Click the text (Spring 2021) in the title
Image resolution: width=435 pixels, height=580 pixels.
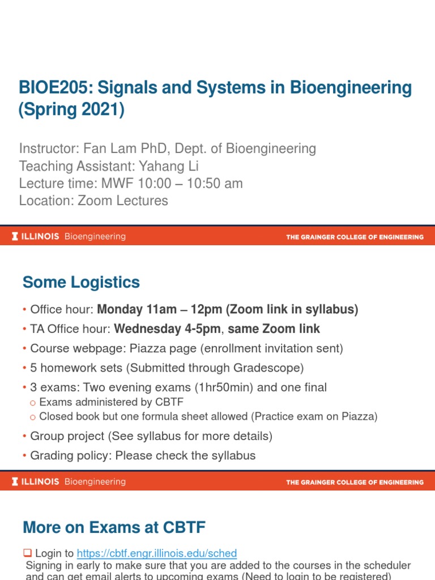[71, 109]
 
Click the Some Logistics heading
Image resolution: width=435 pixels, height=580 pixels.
[81, 282]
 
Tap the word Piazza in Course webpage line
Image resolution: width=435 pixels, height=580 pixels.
[146, 348]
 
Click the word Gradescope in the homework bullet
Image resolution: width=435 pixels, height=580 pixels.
[270, 368]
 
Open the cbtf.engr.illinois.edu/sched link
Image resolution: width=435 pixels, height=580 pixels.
[157, 553]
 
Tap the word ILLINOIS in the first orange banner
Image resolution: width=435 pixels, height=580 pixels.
[40, 237]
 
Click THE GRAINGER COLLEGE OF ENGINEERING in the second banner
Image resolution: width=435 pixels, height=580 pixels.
[355, 483]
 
